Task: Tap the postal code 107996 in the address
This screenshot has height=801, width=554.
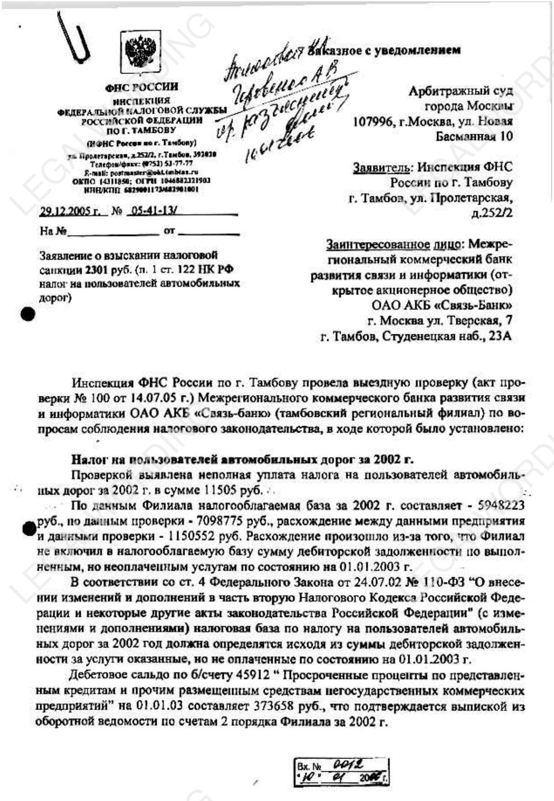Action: pos(373,121)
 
